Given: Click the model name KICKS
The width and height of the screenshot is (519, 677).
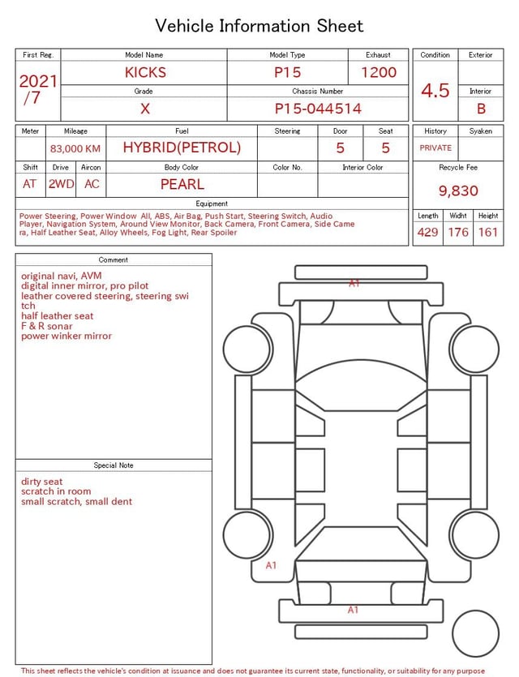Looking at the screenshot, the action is pos(145,72).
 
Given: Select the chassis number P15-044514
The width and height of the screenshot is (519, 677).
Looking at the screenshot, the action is pos(318,109).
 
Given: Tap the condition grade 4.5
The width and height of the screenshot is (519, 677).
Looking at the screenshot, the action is pos(435,91).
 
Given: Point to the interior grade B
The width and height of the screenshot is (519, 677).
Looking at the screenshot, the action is pos(481,109).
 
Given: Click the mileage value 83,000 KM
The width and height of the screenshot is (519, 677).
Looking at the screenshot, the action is pos(75,149).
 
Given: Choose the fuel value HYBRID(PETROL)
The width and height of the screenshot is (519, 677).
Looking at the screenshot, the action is pos(182,148).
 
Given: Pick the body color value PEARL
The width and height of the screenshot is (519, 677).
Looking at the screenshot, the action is pos(182,184).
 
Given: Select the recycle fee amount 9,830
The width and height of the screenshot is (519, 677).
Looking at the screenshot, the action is pos(458,191).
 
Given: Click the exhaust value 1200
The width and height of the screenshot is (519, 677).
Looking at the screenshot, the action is pos(379,72).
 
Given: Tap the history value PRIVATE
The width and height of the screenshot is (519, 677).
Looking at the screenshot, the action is pos(435,148).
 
